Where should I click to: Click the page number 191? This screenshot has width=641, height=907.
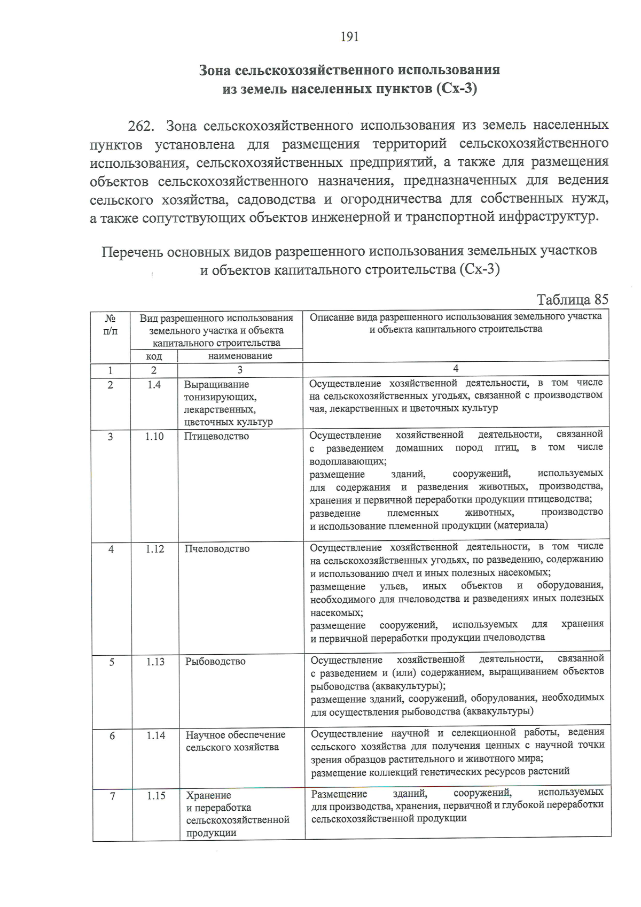click(349, 37)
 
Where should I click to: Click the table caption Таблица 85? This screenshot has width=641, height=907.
click(572, 299)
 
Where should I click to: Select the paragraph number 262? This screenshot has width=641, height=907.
click(142, 126)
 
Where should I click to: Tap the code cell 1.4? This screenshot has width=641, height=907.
click(154, 385)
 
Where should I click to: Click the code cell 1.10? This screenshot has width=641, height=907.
click(154, 437)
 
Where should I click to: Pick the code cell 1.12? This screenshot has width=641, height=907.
click(154, 549)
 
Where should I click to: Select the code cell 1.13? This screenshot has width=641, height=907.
click(155, 662)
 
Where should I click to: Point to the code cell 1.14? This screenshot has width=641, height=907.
click(155, 735)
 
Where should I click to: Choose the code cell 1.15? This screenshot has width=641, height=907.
click(156, 796)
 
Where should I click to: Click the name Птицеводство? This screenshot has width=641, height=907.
click(216, 437)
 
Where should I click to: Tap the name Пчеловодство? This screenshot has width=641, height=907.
click(217, 549)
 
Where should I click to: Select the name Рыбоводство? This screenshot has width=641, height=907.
click(215, 662)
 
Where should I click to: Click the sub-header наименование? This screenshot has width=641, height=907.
click(240, 356)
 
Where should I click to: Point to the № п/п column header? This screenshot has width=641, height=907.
click(110, 325)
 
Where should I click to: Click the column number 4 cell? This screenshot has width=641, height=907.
click(455, 369)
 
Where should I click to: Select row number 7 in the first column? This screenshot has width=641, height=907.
click(112, 796)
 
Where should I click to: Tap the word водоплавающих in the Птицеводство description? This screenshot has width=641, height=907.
click(348, 461)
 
